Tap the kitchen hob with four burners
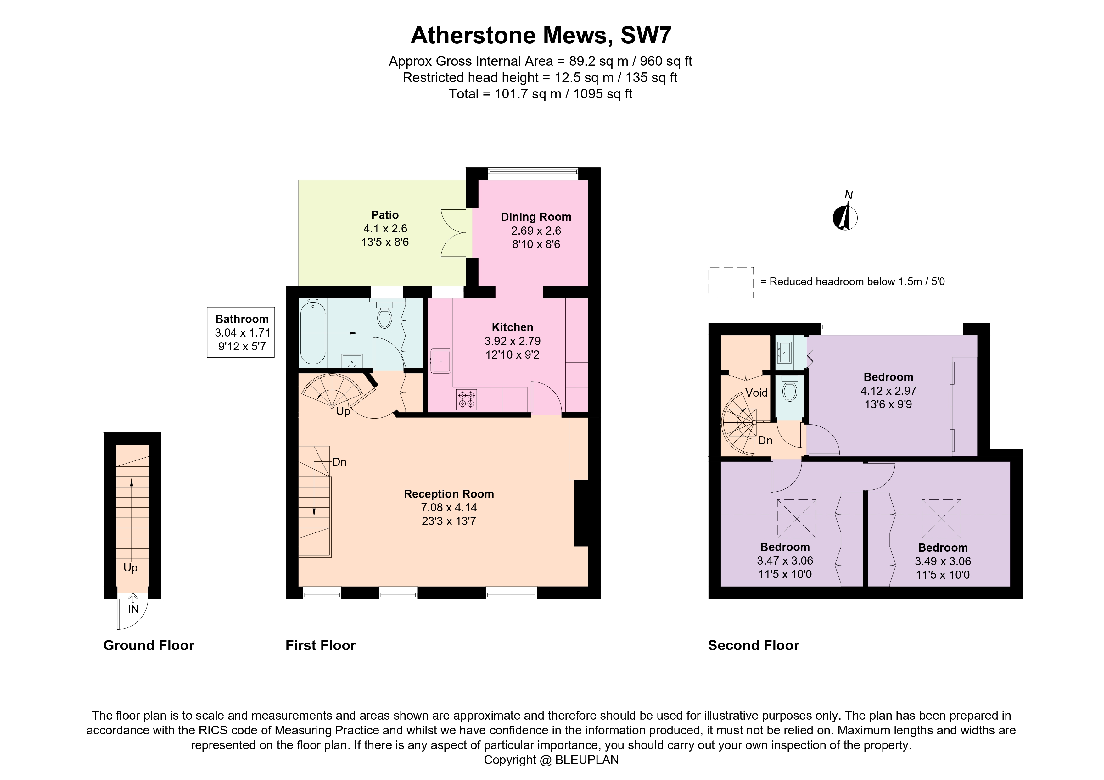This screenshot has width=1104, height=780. click(x=466, y=399)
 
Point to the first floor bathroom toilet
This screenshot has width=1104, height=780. click(x=384, y=316)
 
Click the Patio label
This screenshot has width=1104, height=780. click(x=385, y=215)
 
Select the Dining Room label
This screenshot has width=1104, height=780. click(x=536, y=217)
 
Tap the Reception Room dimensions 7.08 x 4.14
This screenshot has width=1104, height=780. click(x=449, y=508)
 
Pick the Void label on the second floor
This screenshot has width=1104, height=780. click(x=756, y=393)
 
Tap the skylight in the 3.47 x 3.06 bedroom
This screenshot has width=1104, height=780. click(x=797, y=519)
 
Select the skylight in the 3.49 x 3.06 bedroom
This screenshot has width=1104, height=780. click(x=941, y=519)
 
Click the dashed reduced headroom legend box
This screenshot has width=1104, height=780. click(x=731, y=282)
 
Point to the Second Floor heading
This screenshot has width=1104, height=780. click(x=753, y=645)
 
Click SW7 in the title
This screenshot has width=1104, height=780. click(x=646, y=35)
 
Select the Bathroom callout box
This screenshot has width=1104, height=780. click(x=241, y=332)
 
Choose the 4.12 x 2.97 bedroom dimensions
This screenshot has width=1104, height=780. click(x=888, y=391)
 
